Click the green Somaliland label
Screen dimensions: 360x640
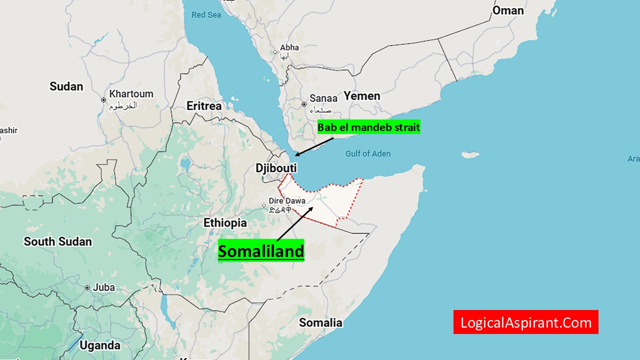click(261, 251)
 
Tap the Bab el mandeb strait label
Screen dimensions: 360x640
click(368, 127)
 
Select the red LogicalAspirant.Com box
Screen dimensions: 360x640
click(525, 322)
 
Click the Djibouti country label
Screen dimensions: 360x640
click(276, 168)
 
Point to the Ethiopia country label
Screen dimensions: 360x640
click(225, 222)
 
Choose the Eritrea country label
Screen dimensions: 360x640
click(204, 106)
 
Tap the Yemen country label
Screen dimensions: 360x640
click(362, 95)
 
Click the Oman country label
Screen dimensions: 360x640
click(508, 10)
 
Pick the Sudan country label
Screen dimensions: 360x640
click(66, 86)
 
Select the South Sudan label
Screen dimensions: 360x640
click(58, 241)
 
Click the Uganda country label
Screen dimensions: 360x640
click(100, 345)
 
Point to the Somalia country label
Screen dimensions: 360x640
click(320, 322)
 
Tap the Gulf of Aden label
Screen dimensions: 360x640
click(368, 153)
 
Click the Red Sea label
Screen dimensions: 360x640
click(206, 15)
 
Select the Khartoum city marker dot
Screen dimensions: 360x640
click(103, 99)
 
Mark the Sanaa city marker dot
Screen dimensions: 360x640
click(303, 104)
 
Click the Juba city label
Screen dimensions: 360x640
click(103, 287)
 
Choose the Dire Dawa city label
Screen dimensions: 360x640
click(287, 200)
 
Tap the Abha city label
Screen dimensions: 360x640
click(289, 47)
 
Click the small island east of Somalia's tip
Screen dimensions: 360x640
click(470, 155)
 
